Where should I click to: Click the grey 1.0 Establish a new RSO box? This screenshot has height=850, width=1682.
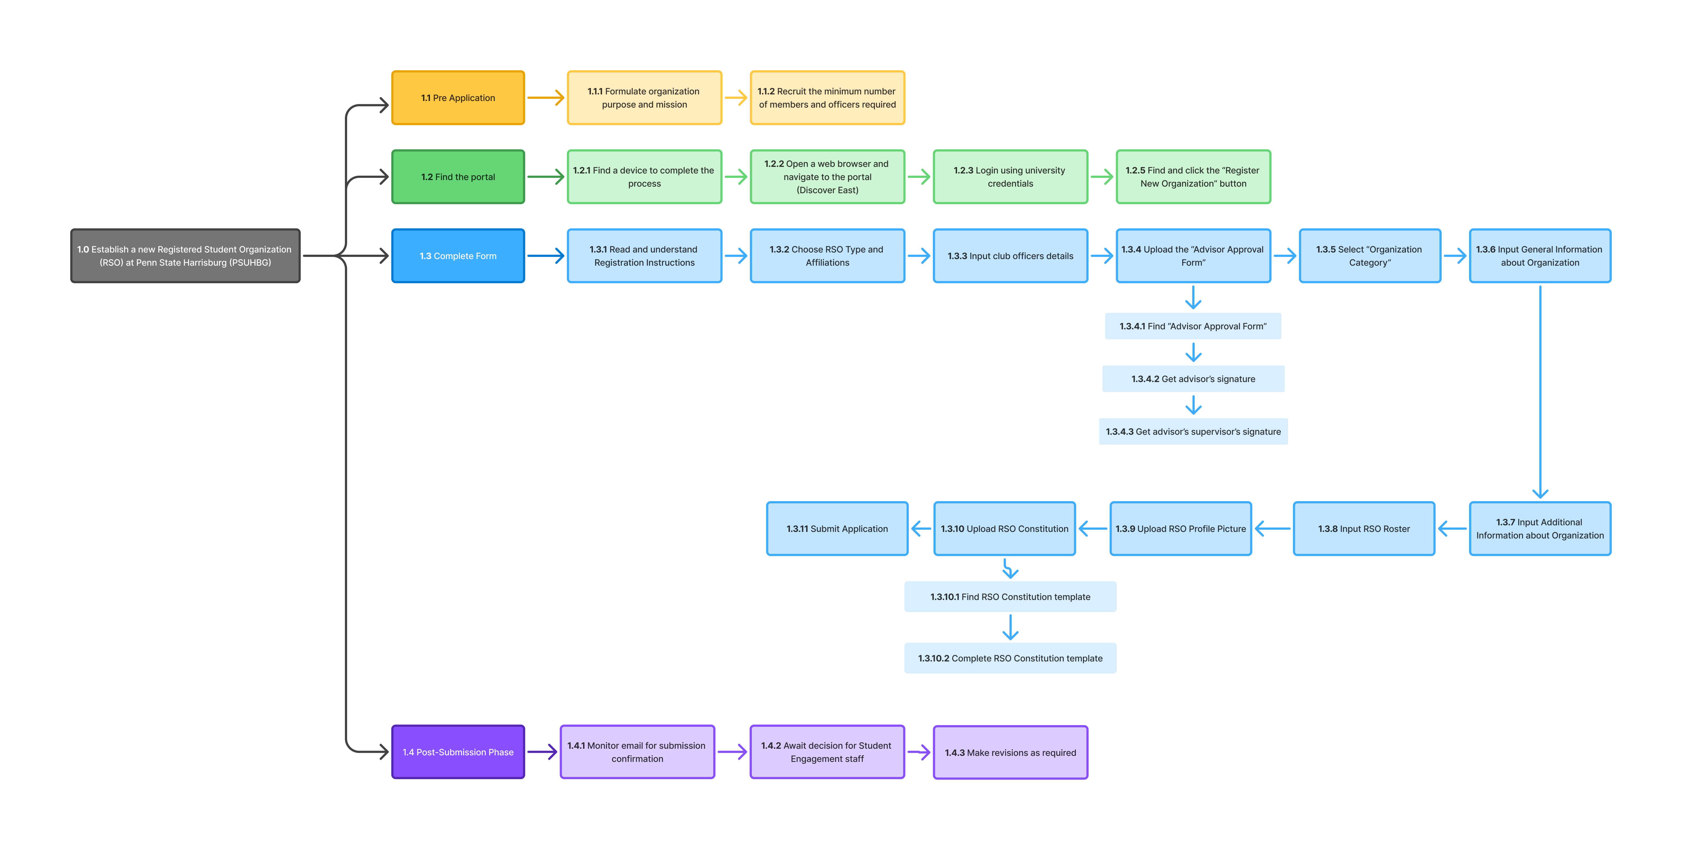point(185,256)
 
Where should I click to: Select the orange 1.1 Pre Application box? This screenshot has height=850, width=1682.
point(458,98)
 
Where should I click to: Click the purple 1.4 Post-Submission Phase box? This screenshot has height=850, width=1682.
point(458,752)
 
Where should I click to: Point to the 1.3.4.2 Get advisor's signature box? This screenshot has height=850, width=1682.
point(1193,379)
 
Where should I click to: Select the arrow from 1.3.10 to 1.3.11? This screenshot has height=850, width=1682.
point(921,529)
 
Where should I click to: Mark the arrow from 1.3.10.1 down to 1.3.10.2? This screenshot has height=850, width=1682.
point(1010,627)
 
